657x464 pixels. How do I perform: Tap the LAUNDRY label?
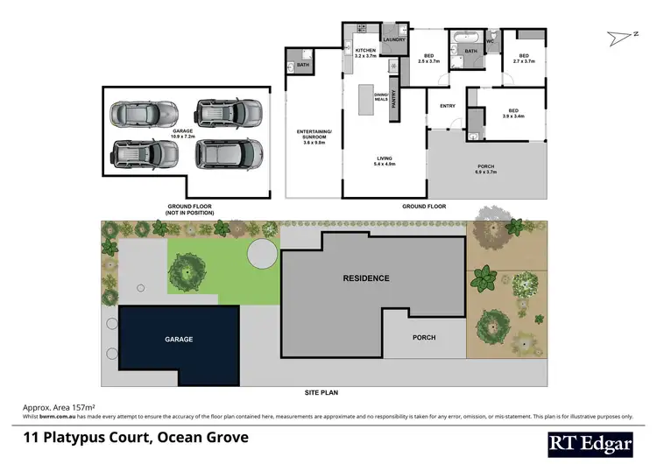(x=392, y=39)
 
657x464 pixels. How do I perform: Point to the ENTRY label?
(x=447, y=107)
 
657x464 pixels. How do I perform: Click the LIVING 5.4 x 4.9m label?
(x=385, y=161)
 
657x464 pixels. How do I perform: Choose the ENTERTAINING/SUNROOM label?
(x=314, y=139)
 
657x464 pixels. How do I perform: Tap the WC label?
(x=491, y=41)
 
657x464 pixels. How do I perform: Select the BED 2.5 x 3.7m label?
(x=427, y=59)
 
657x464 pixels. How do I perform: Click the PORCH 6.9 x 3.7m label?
(x=485, y=169)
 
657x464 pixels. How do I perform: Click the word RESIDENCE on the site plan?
(x=365, y=278)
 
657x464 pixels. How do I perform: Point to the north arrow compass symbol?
(x=620, y=36)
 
